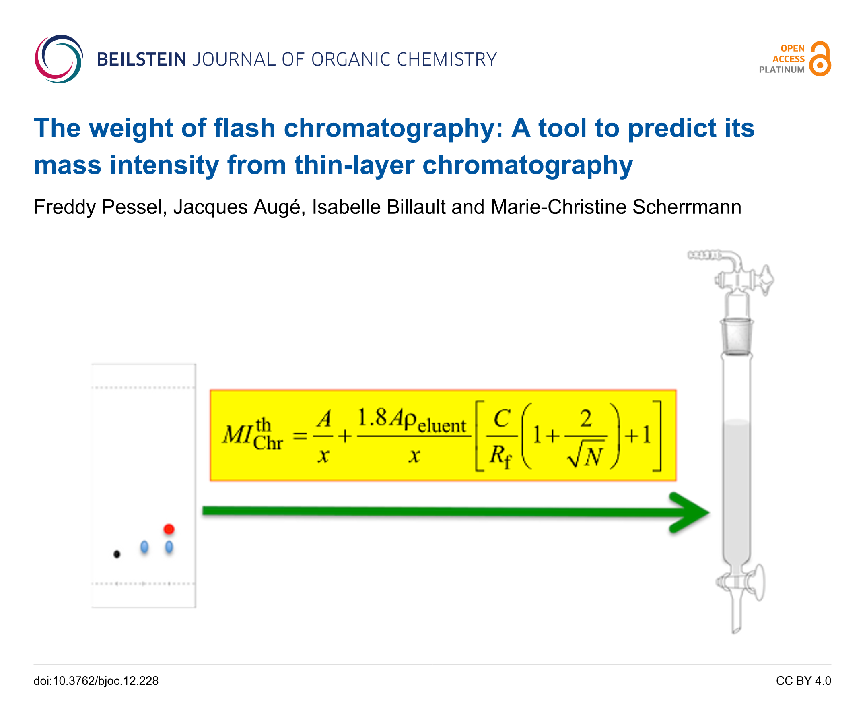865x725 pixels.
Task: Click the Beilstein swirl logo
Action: click(x=59, y=59)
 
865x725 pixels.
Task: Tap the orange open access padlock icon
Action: click(x=820, y=59)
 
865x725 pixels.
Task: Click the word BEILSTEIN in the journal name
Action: click(x=142, y=59)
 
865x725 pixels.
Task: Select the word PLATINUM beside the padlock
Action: click(x=782, y=70)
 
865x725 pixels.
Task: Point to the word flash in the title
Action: click(x=244, y=128)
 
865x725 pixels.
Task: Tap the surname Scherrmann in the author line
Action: click(x=687, y=207)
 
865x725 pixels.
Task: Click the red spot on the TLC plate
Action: click(x=169, y=529)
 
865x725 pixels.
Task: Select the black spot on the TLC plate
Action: click(x=117, y=554)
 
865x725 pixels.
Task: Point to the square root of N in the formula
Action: click(x=585, y=454)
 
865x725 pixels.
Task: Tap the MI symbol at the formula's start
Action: click(x=237, y=434)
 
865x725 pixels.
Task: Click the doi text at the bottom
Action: click(x=96, y=680)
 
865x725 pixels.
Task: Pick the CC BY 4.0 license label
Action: click(x=803, y=680)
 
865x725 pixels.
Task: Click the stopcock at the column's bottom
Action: click(x=741, y=583)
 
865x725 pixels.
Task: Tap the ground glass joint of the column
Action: click(x=737, y=336)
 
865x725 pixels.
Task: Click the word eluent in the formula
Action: click(x=442, y=425)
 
